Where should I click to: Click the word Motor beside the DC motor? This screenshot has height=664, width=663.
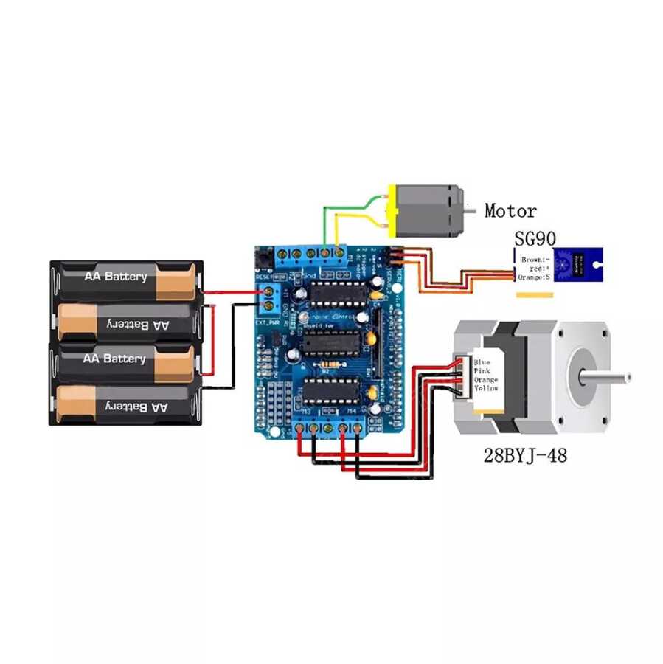coord(510,211)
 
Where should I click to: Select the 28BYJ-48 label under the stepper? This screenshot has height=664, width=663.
coord(526,455)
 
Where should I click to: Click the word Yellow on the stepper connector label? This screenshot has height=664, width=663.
coord(486,389)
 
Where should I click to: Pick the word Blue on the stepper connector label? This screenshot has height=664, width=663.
coord(482,362)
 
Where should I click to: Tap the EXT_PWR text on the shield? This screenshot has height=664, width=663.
coord(268,322)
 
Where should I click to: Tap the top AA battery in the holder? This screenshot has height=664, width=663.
coord(125,277)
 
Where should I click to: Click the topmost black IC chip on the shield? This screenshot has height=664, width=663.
coord(333,294)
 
